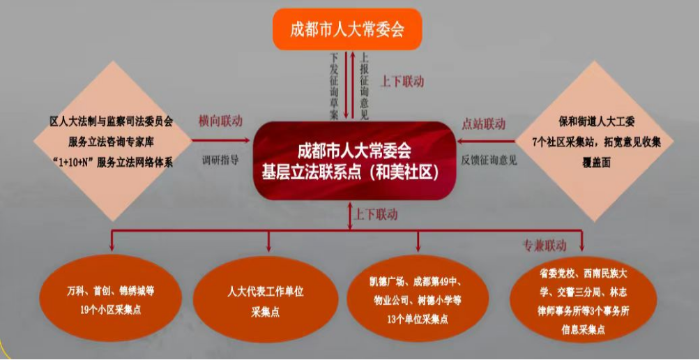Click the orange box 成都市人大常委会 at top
[347, 29]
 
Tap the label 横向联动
[221, 121]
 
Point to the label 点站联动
[483, 123]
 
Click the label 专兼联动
[545, 245]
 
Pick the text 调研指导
[220, 160]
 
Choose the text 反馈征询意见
[489, 160]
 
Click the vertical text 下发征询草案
[335, 86]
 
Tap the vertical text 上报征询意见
[364, 86]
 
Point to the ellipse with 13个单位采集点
[418, 299]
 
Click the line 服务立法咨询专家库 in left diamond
[111, 142]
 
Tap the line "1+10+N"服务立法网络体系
[111, 163]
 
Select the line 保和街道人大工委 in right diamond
[596, 121]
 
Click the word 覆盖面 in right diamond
[596, 163]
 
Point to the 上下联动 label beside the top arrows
[402, 82]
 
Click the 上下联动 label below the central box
[375, 214]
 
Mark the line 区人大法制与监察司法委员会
[111, 121]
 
